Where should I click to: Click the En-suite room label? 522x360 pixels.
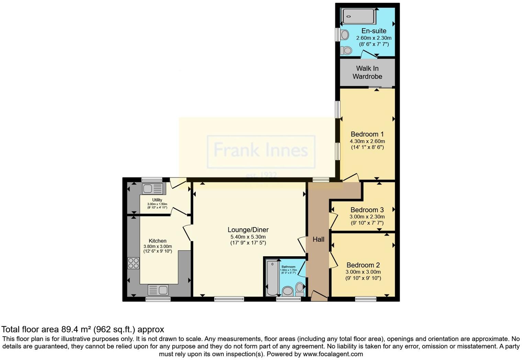point(374,31)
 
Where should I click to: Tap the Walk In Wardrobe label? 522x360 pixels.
point(367,72)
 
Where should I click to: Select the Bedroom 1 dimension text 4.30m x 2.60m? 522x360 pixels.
point(367,141)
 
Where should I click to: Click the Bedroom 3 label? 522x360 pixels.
point(367,210)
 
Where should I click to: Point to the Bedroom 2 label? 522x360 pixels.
point(363,265)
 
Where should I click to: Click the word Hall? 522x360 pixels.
point(318,239)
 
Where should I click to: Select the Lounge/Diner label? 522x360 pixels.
point(248,230)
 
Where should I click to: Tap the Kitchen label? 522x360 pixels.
point(158,241)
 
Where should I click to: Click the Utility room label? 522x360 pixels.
point(157,200)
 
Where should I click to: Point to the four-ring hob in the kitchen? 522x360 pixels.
point(133,263)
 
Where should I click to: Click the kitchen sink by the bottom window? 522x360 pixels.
point(158,290)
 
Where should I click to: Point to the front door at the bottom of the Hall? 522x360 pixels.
point(319,296)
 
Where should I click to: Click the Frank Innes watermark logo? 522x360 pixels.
point(261,151)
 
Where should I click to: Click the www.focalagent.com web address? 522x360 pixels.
point(332,354)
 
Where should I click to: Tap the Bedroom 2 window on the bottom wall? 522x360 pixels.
point(365,299)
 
